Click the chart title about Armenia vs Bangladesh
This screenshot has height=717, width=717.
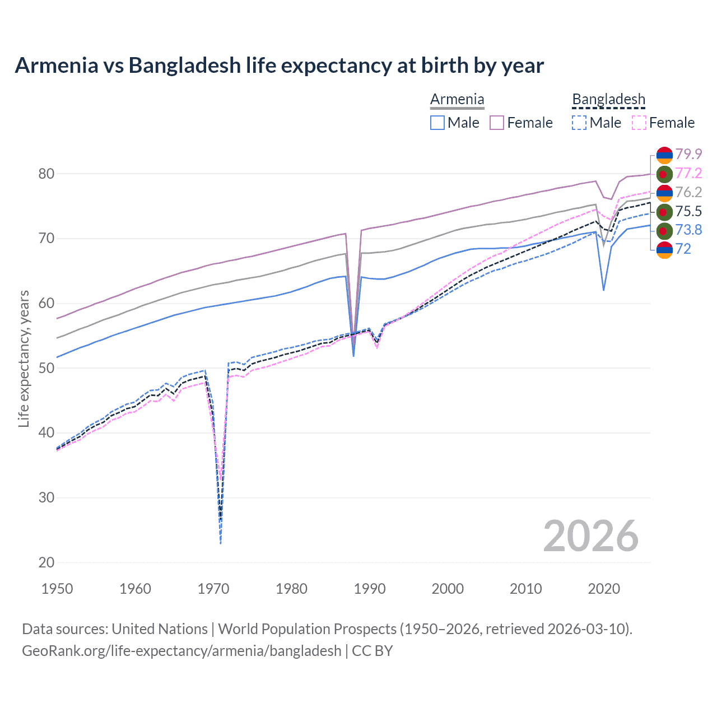point(279,66)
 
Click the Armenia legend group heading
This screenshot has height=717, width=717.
point(457,100)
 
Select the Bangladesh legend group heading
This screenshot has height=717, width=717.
point(608,100)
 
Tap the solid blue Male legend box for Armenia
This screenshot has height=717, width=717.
point(437,123)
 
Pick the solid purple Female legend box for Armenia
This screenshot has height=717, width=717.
point(497,123)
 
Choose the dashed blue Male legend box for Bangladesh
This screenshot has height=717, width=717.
point(579,123)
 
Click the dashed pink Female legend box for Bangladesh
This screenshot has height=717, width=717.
point(639,123)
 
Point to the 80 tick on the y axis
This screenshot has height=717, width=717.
point(46,174)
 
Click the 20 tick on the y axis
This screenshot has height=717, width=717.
point(46,562)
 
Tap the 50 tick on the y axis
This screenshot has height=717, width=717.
point(46,368)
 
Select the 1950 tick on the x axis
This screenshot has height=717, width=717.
point(57,589)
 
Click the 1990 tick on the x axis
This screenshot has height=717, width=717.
point(370,589)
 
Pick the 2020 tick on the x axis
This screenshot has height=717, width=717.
point(604,589)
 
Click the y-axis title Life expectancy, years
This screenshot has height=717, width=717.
point(24,358)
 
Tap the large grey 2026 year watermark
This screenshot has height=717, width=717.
point(590,536)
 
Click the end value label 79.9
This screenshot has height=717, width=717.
point(688,154)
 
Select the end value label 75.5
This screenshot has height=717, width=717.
point(688,211)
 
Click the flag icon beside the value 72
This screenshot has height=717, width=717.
point(664,249)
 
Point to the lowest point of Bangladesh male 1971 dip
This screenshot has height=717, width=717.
point(221,543)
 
